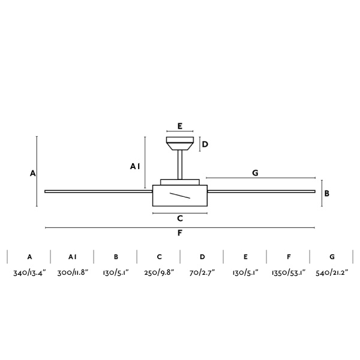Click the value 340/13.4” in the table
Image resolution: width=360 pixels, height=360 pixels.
click(x=29, y=273)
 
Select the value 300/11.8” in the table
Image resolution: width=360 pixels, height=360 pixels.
click(x=73, y=273)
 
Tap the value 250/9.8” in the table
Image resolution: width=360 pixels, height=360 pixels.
click(x=159, y=273)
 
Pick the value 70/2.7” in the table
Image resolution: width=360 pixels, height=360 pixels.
click(x=202, y=273)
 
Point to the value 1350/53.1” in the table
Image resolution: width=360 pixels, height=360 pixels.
click(x=289, y=273)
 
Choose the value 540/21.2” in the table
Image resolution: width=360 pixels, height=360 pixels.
click(x=332, y=273)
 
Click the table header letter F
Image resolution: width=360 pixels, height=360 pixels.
click(x=289, y=257)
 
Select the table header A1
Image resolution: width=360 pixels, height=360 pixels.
click(x=73, y=257)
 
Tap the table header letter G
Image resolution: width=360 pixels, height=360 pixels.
click(x=332, y=257)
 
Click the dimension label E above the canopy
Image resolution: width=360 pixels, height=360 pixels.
click(x=180, y=126)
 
